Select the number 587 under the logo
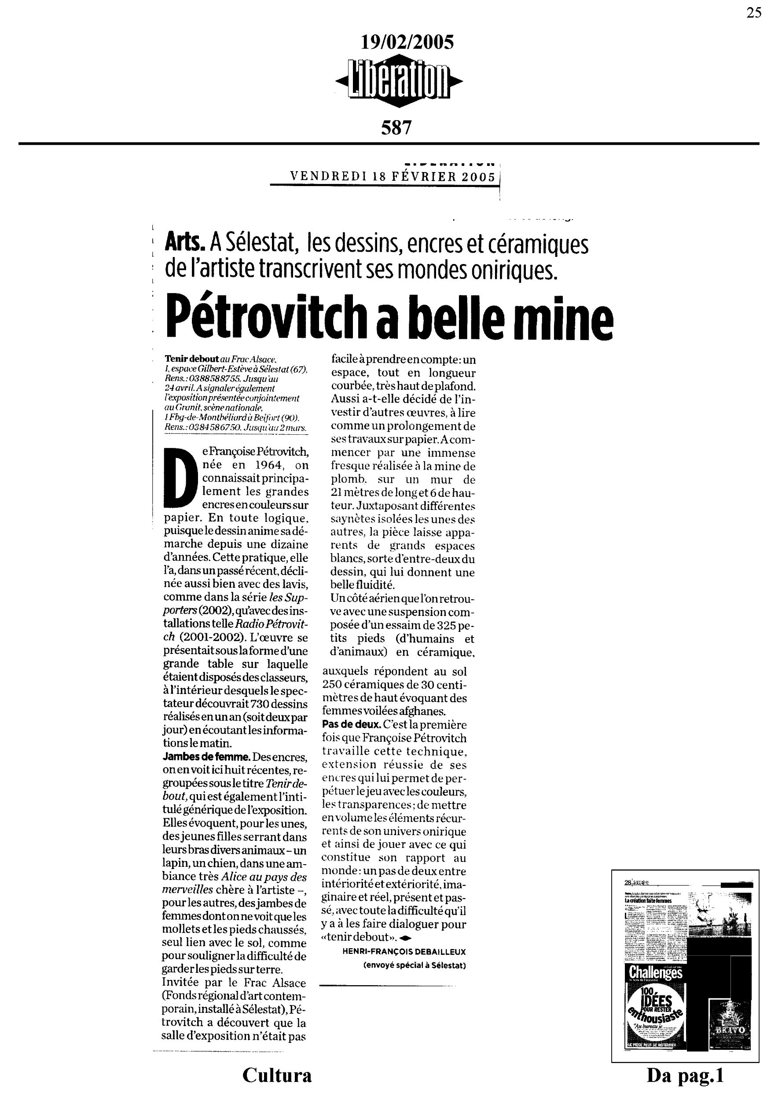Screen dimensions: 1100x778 (396, 128)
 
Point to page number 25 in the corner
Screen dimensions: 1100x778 (753, 13)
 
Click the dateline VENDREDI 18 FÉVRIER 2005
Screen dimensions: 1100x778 (393, 176)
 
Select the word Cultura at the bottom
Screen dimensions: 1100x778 (277, 1075)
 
